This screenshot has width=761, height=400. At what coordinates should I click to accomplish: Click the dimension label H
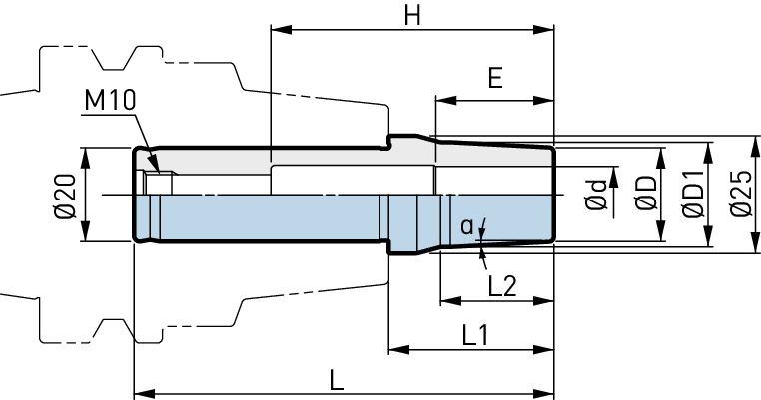tap(412, 16)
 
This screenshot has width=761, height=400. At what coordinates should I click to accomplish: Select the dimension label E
tap(495, 78)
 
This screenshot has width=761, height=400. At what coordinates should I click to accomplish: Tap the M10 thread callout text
tap(110, 101)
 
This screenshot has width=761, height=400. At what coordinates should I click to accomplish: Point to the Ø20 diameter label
tap(66, 196)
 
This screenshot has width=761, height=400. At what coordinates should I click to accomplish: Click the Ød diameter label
tap(596, 195)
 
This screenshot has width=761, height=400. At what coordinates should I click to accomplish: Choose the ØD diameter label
tap(646, 194)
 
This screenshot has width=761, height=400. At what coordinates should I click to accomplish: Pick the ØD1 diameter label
tap(693, 194)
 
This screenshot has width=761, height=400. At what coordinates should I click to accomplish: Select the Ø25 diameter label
tap(741, 194)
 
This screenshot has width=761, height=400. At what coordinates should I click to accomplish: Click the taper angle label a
tap(467, 226)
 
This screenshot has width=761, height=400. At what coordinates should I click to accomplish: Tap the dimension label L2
tap(502, 286)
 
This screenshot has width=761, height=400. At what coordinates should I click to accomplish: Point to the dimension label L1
tap(475, 335)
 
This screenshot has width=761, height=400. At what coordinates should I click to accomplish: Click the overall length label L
tap(337, 380)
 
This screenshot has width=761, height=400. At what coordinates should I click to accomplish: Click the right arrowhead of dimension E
tap(543, 101)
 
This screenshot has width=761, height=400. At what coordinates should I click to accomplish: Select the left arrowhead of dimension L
tap(145, 393)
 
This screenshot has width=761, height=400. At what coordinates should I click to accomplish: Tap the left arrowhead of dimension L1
tap(399, 349)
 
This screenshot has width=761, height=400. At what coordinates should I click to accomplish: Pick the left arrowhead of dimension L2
tap(450, 301)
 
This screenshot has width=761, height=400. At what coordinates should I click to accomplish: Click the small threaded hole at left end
tap(157, 184)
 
